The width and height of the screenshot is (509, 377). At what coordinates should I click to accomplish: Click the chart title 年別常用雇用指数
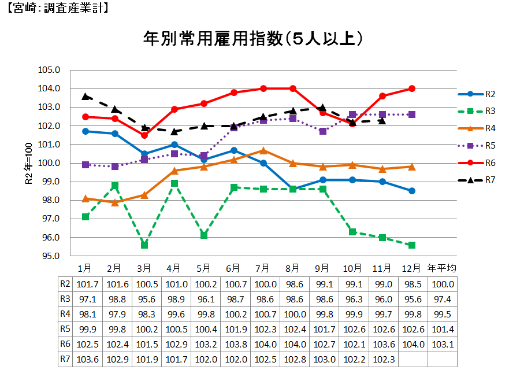(x=253, y=39)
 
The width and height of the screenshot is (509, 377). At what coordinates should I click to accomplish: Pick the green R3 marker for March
(x=144, y=245)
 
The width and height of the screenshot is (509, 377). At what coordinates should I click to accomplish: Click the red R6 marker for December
(x=412, y=88)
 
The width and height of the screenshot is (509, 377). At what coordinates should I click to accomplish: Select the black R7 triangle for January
(x=86, y=96)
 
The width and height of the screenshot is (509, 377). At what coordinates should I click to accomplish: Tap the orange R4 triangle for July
(x=263, y=150)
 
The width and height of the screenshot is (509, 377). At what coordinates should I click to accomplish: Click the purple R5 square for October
(x=352, y=114)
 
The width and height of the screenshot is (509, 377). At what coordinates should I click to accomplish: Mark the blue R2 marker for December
(x=412, y=191)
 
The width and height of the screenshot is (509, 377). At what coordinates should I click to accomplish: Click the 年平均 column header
(x=442, y=268)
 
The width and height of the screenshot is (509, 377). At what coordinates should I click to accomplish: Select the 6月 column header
(x=233, y=268)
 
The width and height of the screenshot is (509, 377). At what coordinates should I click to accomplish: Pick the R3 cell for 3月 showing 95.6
(x=144, y=299)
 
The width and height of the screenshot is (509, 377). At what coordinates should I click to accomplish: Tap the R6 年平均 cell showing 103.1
(x=442, y=344)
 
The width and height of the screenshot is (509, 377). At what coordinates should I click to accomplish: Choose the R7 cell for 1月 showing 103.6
(x=85, y=359)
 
